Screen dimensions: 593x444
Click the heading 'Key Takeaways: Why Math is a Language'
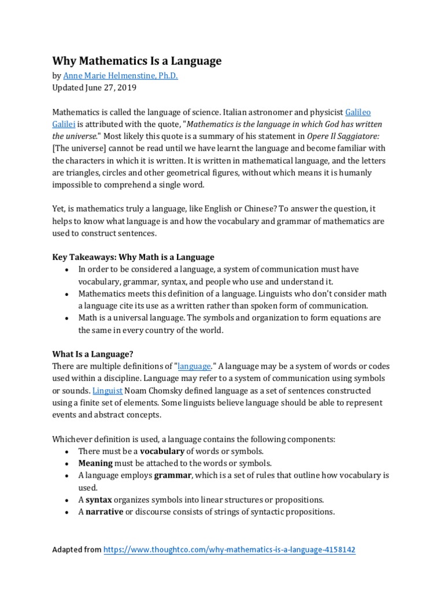[134, 257]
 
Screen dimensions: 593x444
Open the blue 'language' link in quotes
[195, 366]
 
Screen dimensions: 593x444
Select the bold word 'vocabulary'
[162, 451]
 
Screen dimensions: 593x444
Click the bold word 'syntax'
[99, 499]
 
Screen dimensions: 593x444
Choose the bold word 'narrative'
[105, 511]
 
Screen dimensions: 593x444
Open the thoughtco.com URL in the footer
[229, 550]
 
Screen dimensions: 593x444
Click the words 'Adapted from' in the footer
[77, 550]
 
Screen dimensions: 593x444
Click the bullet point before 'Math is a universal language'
[68, 318]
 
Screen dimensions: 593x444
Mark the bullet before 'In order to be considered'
[68, 269]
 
